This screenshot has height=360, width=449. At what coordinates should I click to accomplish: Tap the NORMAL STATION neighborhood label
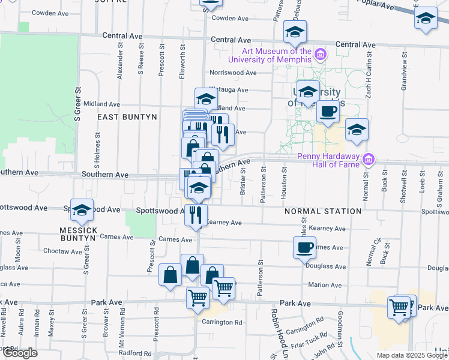click(323, 211)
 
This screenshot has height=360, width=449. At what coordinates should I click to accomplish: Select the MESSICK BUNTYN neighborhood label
click(78, 234)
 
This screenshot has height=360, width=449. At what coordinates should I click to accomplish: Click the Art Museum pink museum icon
click(321, 55)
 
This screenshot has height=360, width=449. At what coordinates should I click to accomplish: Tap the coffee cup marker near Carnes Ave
click(304, 247)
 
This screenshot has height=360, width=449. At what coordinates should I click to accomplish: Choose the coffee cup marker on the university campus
click(328, 112)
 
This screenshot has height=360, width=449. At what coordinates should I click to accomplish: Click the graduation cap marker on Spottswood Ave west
click(82, 210)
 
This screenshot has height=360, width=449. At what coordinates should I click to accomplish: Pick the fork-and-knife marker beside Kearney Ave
click(196, 215)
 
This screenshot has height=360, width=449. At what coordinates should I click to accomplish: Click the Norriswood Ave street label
click(233, 73)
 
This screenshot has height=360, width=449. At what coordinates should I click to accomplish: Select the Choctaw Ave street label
click(62, 251)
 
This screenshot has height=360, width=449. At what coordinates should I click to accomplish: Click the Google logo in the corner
click(19, 353)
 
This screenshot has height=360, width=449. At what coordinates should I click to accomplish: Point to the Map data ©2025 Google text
click(412, 355)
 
